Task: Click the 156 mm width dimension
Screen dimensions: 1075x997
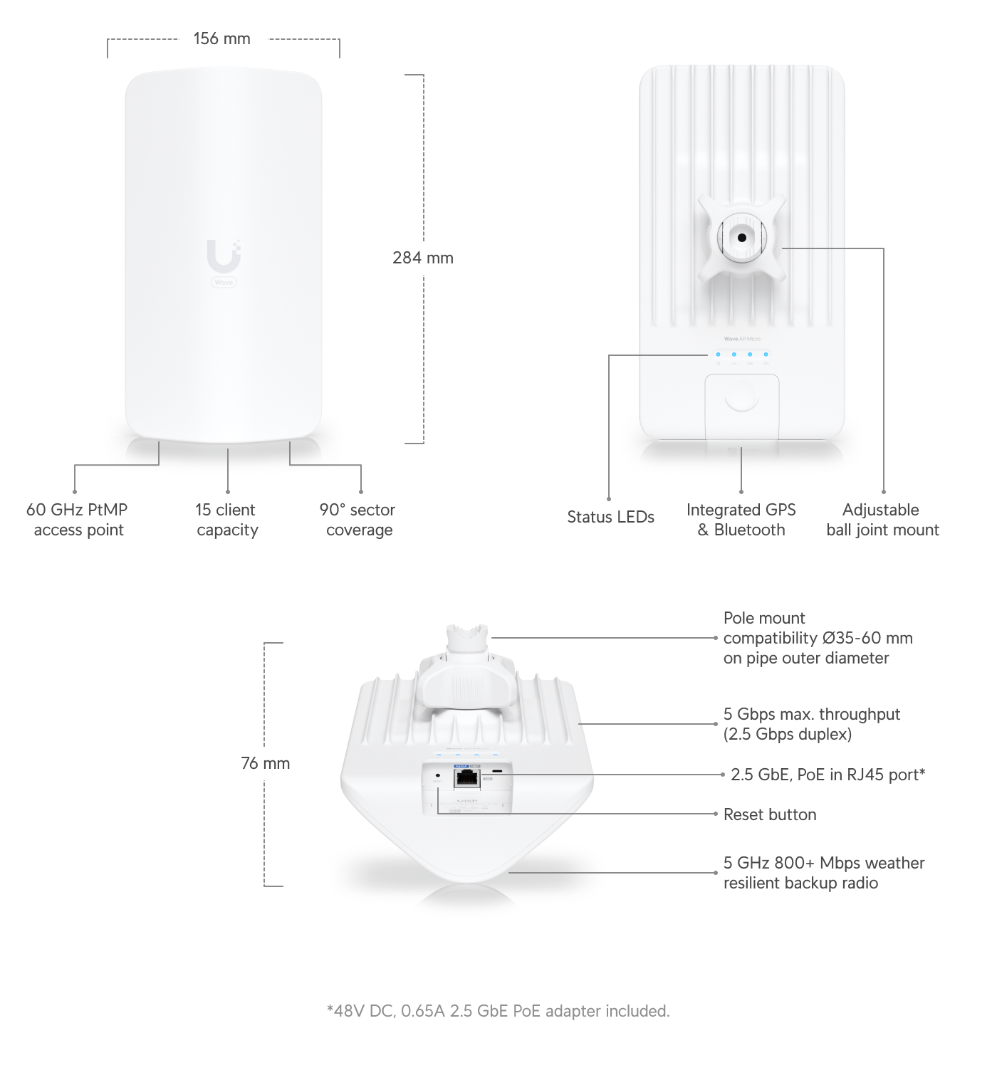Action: pos(222,38)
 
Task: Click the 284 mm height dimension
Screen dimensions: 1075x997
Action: pos(422,258)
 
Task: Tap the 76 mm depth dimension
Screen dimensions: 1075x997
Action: pos(266,763)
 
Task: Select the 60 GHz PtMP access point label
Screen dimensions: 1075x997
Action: pos(78,520)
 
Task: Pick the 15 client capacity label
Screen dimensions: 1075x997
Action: pos(226,520)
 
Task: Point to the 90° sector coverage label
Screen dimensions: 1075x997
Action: pos(357,520)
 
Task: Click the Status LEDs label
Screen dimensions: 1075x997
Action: pos(610,517)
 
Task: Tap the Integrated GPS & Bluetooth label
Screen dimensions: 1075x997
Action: pos(741,520)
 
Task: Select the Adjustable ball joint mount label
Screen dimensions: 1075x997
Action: pos(882,520)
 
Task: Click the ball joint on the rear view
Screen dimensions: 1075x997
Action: pos(742,238)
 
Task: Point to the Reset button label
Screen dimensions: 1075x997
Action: pos(769,814)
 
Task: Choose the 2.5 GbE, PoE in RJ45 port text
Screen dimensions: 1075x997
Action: pos(828,775)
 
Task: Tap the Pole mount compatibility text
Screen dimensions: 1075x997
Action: pos(817,638)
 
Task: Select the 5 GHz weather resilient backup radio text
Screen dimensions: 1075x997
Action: pos(823,873)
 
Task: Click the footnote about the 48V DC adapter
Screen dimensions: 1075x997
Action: pos(498,1011)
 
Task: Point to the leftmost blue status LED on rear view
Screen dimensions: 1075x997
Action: pos(718,354)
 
